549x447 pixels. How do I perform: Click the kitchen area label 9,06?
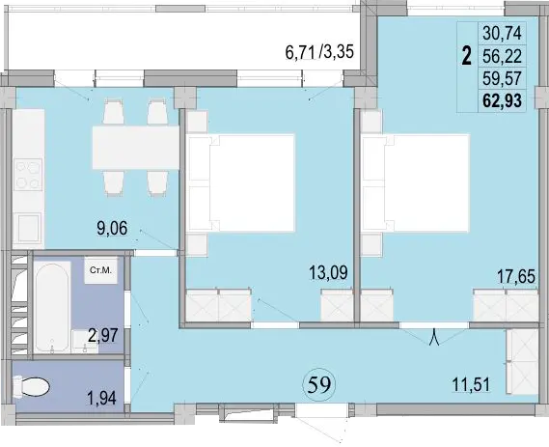(x=112, y=229)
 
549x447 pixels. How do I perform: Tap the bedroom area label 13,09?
(x=328, y=273)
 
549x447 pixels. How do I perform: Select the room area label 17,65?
(x=516, y=276)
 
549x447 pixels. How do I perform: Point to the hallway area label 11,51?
(x=471, y=384)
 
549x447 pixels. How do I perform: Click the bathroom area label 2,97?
(x=103, y=336)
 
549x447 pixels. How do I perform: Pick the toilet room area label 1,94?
(x=102, y=398)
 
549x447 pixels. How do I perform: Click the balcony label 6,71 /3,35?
(x=319, y=52)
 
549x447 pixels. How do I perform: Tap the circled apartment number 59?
(x=319, y=384)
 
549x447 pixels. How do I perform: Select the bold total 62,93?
(x=502, y=100)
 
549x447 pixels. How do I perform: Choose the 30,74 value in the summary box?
(x=502, y=33)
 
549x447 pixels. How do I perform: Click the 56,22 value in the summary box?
(x=502, y=56)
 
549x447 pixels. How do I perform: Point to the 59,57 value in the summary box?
(x=502, y=78)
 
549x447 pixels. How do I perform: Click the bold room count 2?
(x=466, y=56)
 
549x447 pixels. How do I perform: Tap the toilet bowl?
(x=31, y=387)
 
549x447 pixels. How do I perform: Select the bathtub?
(x=52, y=307)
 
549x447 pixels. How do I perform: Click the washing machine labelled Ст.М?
(x=100, y=270)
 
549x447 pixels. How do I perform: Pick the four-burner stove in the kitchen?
(x=28, y=175)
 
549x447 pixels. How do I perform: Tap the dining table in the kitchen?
(x=135, y=148)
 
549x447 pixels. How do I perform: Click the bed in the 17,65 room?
(x=415, y=182)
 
